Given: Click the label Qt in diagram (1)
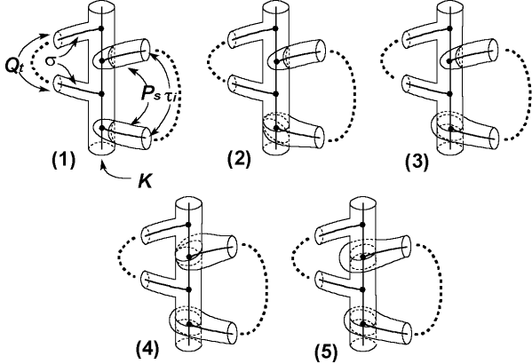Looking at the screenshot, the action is coord(15,65).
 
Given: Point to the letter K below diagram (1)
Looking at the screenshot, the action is coord(145,181).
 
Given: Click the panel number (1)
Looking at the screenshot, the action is coord(63,160).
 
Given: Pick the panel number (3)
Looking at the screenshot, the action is coord(417,162).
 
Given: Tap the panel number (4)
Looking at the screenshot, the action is coord(147,350).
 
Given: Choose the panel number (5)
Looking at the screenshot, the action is coord(326,352).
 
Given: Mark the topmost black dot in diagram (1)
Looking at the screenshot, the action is coord(100,28).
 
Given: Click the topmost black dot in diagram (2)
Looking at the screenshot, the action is coord(275,28).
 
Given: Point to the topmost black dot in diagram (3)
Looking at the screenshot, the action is coord(449,28).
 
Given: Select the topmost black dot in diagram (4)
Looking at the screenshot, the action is coord(188,225).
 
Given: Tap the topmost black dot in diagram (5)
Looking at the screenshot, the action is coord(362,225).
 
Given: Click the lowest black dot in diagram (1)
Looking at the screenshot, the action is coord(102,128).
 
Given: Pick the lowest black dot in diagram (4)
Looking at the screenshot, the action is coord(189,324).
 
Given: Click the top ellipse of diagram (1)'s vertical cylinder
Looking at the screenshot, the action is coord(101,7).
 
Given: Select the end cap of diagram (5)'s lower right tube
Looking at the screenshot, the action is coord(406,333).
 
